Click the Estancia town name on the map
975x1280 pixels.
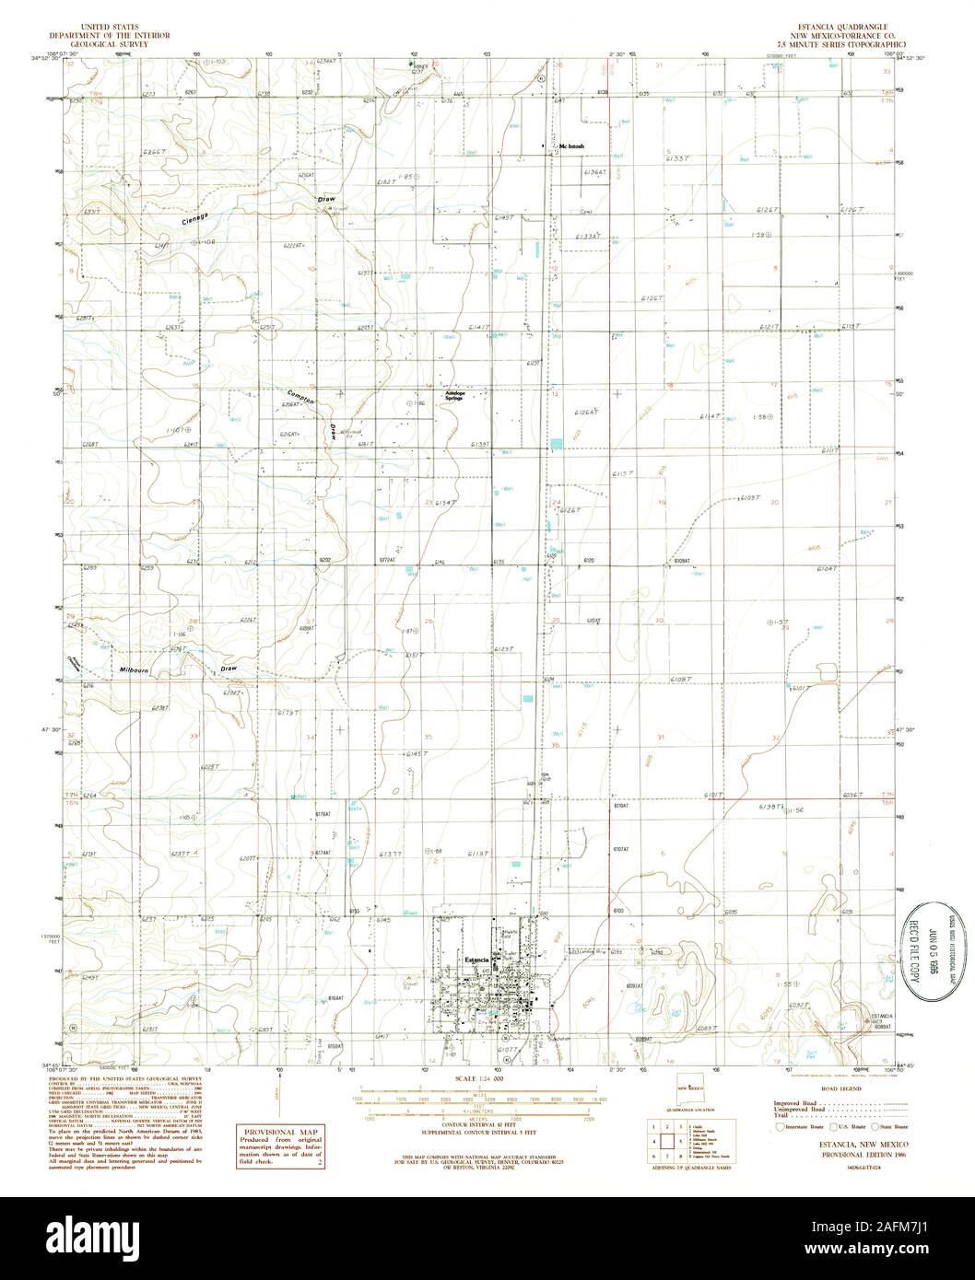(476, 960)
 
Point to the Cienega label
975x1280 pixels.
(196, 218)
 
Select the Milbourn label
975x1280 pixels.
(135, 670)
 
